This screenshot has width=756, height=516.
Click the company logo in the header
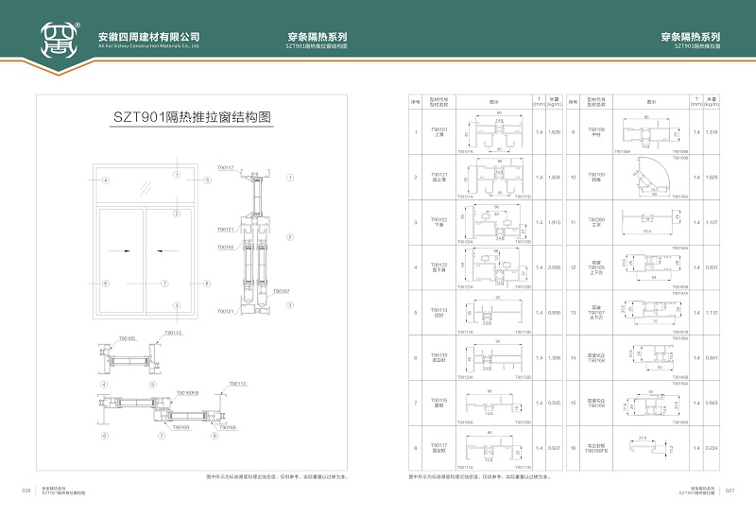click(x=60, y=40)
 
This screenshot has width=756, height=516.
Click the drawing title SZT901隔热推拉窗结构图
click(x=192, y=118)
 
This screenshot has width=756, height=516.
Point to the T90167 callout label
click(x=281, y=291)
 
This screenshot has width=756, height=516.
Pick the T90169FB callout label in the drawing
click(x=187, y=390)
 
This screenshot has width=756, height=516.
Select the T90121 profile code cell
click(x=438, y=176)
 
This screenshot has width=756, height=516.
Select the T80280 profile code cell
click(x=595, y=221)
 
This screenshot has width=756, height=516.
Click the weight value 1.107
click(x=713, y=222)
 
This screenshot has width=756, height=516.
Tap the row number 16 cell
click(x=574, y=448)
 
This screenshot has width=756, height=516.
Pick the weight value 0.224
click(x=713, y=448)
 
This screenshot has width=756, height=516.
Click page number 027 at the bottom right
click(x=729, y=490)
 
